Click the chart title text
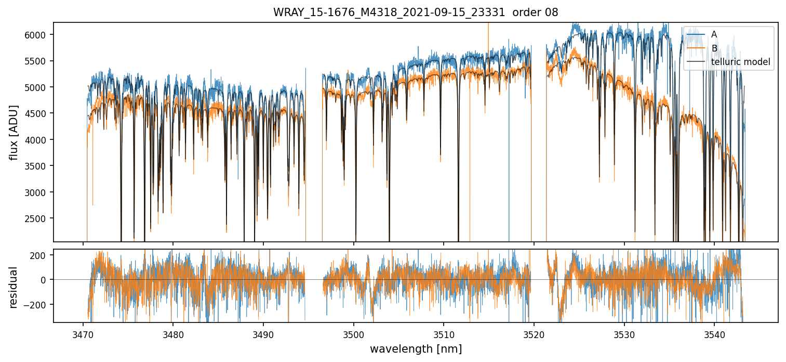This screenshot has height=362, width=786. tap(416, 12)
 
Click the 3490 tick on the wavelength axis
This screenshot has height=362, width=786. tap(263, 333)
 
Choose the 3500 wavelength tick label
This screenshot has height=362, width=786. tap(354, 333)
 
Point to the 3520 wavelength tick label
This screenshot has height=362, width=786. tap(534, 333)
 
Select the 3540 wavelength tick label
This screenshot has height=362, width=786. tap(714, 333)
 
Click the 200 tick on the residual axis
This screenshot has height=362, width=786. tap(42, 255)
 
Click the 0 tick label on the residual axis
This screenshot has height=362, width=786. tap(46, 280)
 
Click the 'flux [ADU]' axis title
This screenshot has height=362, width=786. tap(14, 132)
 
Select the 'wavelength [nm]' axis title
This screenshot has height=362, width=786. tap(416, 349)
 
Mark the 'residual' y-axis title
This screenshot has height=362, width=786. tap(14, 287)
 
